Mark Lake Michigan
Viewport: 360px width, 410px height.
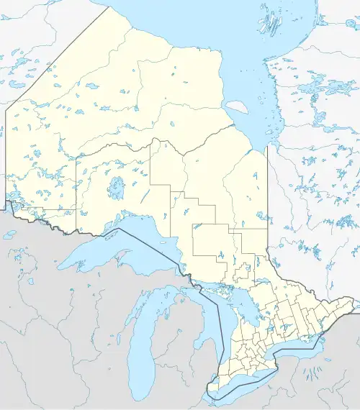click(150, 338)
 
